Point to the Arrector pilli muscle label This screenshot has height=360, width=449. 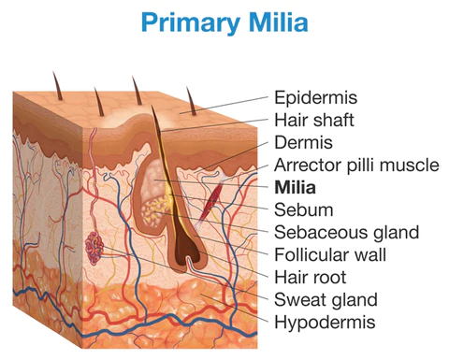tap(355, 165)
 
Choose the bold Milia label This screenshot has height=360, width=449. tap(296, 187)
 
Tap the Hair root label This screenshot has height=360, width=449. tap(311, 277)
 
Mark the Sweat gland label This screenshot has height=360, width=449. tap(326, 300)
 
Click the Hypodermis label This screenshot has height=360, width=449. tap(325, 323)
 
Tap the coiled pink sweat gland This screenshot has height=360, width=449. tap(94, 248)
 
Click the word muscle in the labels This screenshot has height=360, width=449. tap(411, 165)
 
